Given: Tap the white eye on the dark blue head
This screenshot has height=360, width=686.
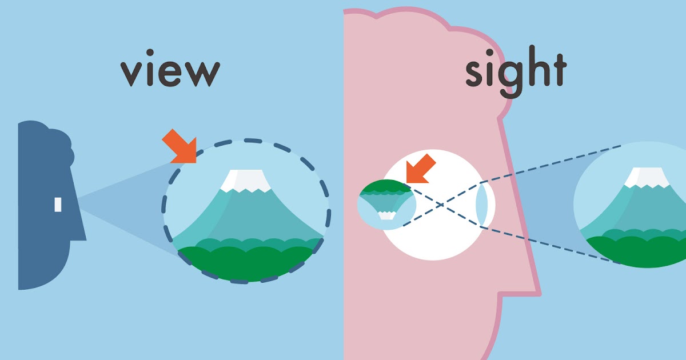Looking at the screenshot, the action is tap(58, 204).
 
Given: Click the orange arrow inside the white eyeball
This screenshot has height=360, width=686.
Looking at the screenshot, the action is tap(420, 169).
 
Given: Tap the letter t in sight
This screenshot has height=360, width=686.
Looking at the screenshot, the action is tap(557, 69).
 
